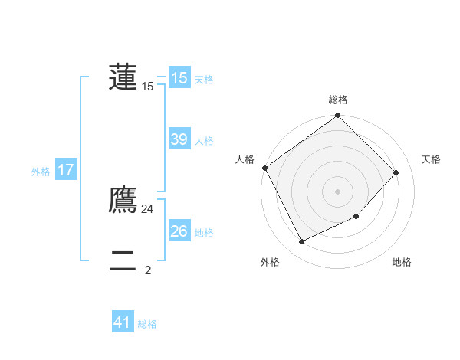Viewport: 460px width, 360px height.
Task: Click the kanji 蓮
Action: point(123,77)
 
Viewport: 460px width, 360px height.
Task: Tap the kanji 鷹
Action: point(123,199)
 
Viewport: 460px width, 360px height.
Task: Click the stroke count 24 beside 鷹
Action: point(148,209)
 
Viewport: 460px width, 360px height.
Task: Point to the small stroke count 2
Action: point(148,270)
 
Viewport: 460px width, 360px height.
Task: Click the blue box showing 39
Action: point(179,139)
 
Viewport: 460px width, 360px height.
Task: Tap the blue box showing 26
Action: point(179,231)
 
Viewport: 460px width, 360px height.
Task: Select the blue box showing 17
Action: point(66,170)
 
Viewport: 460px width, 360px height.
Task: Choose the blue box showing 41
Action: point(123,322)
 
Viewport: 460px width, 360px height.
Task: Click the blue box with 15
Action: point(179,77)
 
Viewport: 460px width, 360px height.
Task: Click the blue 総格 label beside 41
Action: point(147,324)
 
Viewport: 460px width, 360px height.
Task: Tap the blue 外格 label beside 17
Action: point(41,172)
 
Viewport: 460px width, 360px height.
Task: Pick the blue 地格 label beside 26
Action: point(204,233)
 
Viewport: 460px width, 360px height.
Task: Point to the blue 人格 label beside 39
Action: point(204,141)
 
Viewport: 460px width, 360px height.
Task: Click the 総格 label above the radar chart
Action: point(338,100)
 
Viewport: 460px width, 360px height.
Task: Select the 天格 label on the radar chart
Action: point(431,159)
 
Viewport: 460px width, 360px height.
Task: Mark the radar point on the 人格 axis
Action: point(265,168)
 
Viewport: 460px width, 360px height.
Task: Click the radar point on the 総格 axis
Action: point(338,116)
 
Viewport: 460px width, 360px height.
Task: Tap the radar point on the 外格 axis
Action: point(302,242)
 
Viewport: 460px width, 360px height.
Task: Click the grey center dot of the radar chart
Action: point(338,191)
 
